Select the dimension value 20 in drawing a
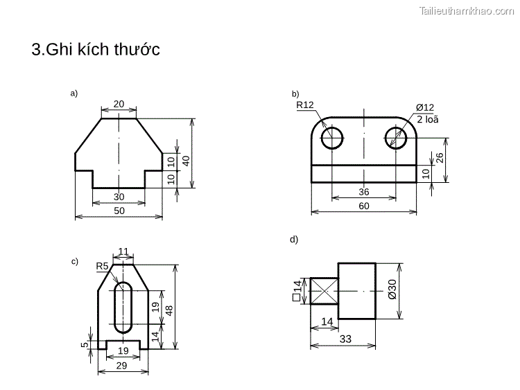click(x=119, y=104)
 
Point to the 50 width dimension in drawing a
click(x=119, y=211)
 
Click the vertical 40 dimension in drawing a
click(x=186, y=159)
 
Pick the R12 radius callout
click(x=305, y=105)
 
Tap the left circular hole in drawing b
click(x=332, y=137)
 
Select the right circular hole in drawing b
click(x=397, y=137)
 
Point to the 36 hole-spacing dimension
click(x=364, y=192)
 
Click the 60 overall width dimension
click(x=364, y=206)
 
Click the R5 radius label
click(x=102, y=265)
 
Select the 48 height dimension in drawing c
click(x=168, y=308)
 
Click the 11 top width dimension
click(x=124, y=251)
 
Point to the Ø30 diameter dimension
click(x=392, y=290)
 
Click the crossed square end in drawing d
click(x=324, y=291)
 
